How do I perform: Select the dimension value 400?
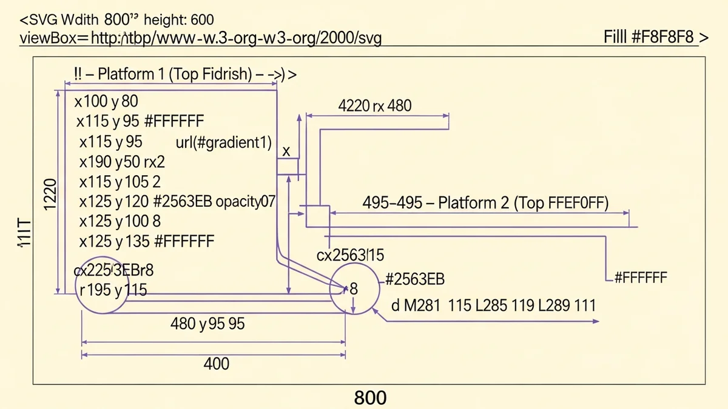217,364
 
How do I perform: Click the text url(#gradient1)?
223,142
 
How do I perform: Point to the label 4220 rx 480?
374,106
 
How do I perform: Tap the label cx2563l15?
351,255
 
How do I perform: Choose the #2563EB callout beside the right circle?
415,279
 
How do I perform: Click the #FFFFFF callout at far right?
640,278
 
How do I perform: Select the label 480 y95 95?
207,324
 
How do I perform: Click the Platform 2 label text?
485,202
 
